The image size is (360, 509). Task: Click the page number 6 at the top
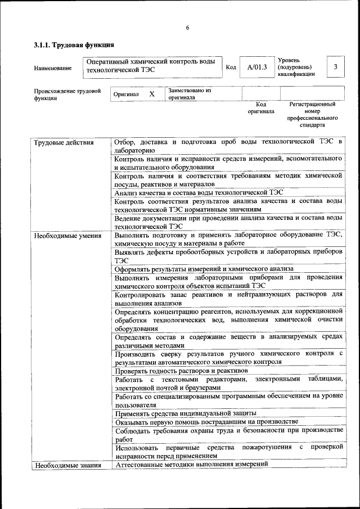click(x=187, y=28)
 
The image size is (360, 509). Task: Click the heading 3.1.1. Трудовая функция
click(x=74, y=44)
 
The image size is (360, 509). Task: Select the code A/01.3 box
click(x=257, y=67)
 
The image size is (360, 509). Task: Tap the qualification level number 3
click(x=336, y=67)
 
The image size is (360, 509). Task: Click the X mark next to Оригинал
click(x=151, y=94)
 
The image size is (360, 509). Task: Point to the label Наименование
click(x=53, y=69)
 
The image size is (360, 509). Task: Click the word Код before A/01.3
click(x=231, y=68)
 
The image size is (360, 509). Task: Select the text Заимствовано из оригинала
click(x=189, y=93)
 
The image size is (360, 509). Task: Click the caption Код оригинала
click(x=260, y=108)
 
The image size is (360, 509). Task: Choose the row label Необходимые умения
click(x=67, y=236)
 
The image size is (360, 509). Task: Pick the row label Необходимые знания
click(x=67, y=465)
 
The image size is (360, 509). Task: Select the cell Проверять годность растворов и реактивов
click(x=181, y=371)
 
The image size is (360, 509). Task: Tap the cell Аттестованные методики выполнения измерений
click(x=191, y=464)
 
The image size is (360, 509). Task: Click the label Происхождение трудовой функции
click(x=67, y=94)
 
